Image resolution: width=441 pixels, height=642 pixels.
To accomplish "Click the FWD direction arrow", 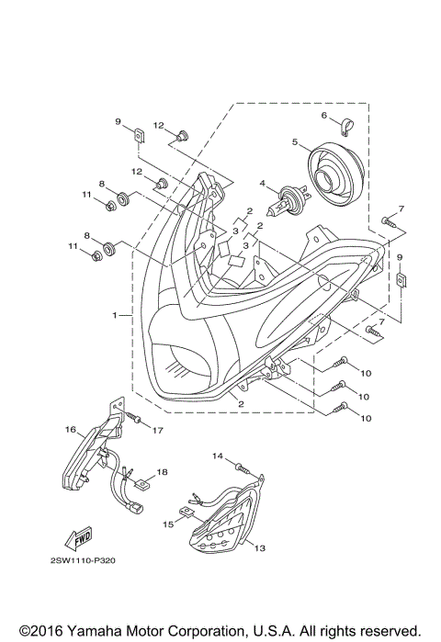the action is pos(78,539).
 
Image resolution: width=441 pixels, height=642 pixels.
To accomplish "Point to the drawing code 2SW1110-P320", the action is pos(83,560).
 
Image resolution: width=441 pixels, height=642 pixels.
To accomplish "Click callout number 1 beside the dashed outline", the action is pos(115,315).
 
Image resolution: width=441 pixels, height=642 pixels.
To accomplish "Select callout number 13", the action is pos(260,547).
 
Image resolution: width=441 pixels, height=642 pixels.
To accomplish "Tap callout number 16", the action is pos(71,429).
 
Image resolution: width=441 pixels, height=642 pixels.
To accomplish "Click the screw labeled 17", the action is pos(133,417).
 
